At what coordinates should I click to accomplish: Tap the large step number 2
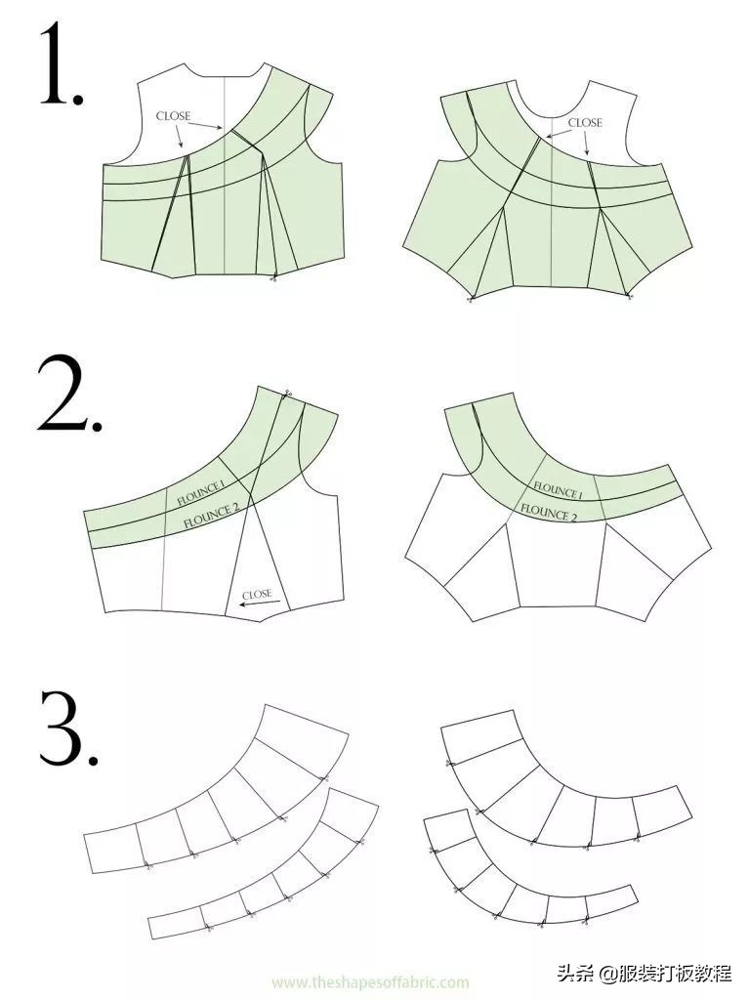pyautogui.click(x=69, y=396)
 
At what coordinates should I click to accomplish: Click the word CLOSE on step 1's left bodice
pyautogui.click(x=173, y=116)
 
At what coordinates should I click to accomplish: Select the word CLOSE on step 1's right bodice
pyautogui.click(x=585, y=122)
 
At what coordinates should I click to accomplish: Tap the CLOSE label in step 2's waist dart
pyautogui.click(x=257, y=594)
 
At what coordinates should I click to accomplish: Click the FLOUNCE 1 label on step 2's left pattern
pyautogui.click(x=200, y=493)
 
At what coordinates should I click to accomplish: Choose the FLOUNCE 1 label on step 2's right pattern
pyautogui.click(x=558, y=490)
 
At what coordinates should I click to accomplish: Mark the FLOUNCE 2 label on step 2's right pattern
pyautogui.click(x=549, y=512)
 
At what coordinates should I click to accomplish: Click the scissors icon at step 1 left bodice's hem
pyautogui.click(x=273, y=276)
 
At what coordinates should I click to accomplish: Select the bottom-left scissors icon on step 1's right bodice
pyautogui.click(x=472, y=298)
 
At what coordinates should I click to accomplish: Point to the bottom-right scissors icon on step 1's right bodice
pyautogui.click(x=629, y=295)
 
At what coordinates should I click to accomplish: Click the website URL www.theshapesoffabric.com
pyautogui.click(x=371, y=982)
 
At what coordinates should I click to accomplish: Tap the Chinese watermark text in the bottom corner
pyautogui.click(x=645, y=974)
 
